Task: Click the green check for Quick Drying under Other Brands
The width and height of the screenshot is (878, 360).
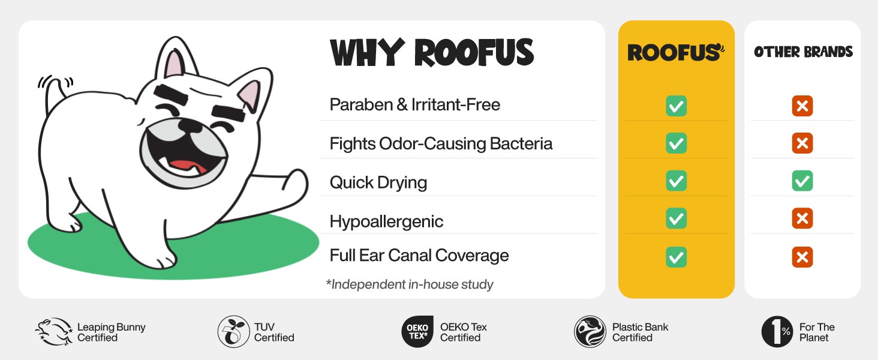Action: (802, 181)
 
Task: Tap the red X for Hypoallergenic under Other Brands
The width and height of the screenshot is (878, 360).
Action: (802, 218)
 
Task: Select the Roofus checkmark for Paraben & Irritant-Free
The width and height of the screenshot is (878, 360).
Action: (676, 106)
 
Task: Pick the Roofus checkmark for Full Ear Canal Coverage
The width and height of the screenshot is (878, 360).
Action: (676, 257)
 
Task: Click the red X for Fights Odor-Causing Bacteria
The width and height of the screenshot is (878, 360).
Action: (802, 143)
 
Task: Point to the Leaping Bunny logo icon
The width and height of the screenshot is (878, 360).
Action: (54, 332)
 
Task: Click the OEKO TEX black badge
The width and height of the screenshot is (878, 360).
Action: (417, 332)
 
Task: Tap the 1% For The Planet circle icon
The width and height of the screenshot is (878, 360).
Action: (777, 332)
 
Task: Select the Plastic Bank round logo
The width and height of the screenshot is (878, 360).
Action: (590, 332)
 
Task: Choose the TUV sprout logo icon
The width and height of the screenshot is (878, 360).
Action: (234, 332)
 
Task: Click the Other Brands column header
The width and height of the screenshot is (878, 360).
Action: (803, 52)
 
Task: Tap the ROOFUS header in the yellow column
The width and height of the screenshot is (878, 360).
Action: (676, 53)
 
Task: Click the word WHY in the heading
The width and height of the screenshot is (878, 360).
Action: (367, 53)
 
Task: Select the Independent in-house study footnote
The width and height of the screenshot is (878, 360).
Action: (410, 284)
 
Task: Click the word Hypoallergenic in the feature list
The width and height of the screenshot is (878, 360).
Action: (386, 221)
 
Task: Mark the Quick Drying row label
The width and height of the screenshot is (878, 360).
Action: (378, 183)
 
